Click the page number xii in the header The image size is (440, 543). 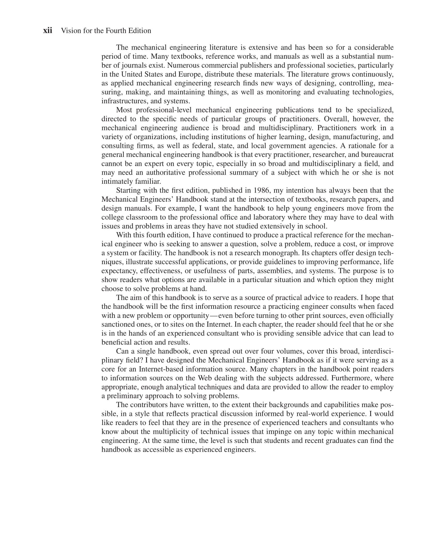(x=48, y=31)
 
